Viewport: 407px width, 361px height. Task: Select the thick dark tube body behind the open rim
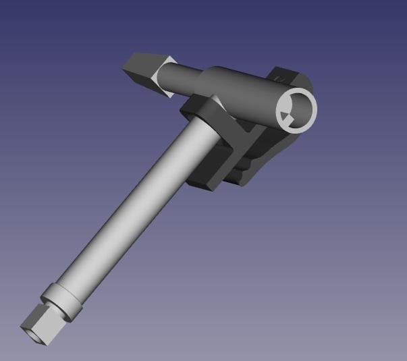click(x=243, y=94)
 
